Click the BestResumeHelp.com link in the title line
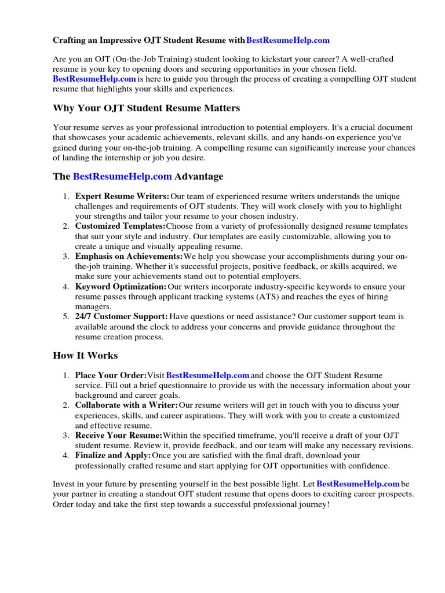click(288, 40)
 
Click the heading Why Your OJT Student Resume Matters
click(146, 108)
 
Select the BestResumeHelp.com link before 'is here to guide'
click(94, 79)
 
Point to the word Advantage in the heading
click(199, 176)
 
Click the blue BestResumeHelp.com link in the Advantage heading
click(122, 176)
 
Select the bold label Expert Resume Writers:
click(122, 197)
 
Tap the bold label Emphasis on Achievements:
click(129, 257)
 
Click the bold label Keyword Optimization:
click(121, 287)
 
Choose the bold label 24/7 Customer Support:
click(121, 317)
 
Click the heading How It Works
click(85, 356)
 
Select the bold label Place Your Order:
click(111, 376)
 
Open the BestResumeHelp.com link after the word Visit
click(199, 376)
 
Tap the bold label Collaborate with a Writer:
click(126, 406)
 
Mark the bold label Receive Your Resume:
click(119, 435)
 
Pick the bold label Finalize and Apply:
click(113, 456)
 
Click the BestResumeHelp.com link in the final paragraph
click(358, 484)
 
